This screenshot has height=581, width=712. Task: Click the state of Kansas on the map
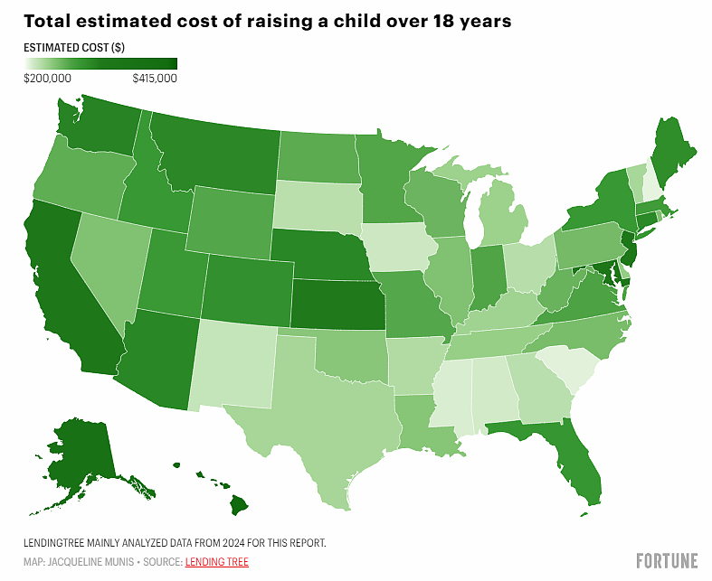click(338, 304)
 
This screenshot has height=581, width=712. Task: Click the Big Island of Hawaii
click(239, 505)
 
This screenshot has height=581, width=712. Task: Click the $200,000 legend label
click(47, 79)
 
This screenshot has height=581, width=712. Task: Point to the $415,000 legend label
click(155, 79)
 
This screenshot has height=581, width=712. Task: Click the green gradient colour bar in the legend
click(100, 63)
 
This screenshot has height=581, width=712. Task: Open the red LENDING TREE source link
click(217, 562)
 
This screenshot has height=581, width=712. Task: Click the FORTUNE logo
click(667, 560)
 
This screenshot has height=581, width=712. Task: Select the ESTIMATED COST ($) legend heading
click(74, 48)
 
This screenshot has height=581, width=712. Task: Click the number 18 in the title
click(442, 21)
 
